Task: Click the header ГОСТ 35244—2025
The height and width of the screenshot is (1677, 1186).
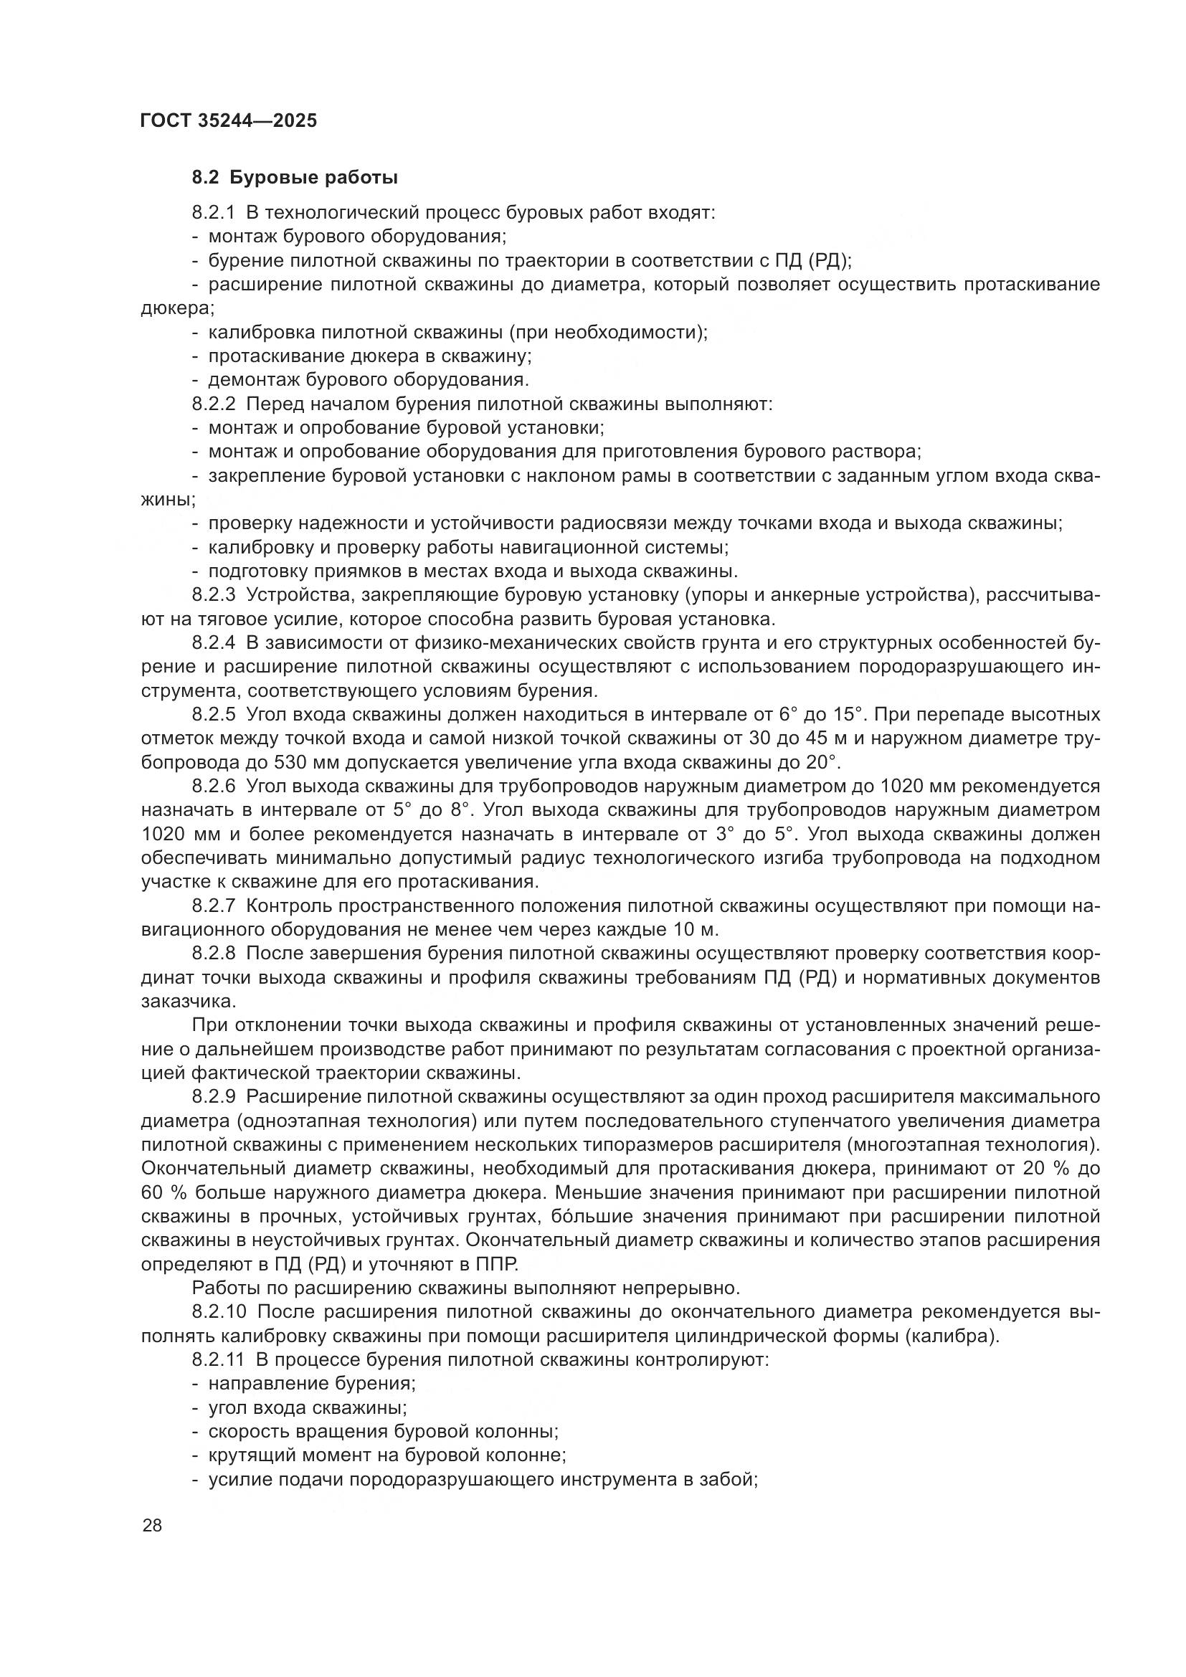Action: (x=229, y=121)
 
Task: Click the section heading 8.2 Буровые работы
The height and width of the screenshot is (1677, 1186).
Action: (x=294, y=178)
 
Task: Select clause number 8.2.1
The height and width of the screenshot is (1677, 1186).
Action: (x=214, y=213)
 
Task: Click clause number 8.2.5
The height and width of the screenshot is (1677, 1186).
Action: (x=214, y=714)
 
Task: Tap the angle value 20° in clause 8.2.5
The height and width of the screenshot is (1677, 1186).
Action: (x=823, y=763)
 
